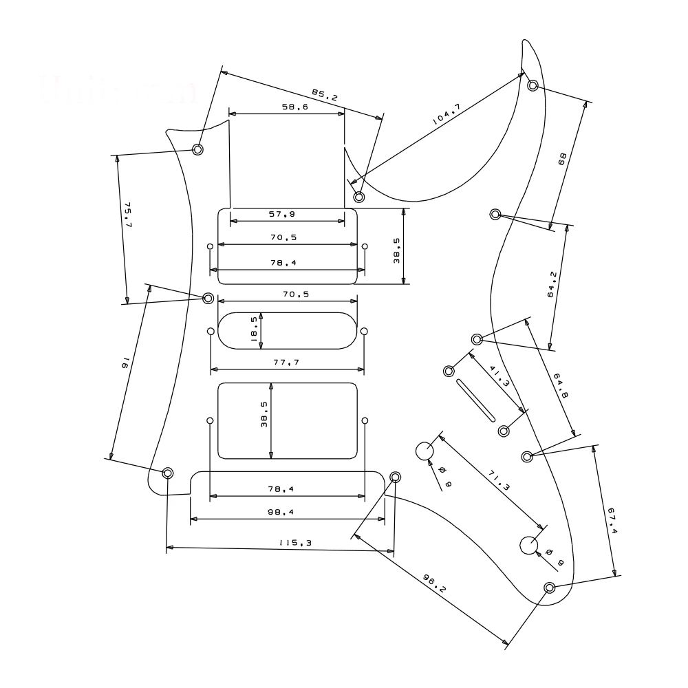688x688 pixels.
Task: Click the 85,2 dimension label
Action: click(x=325, y=95)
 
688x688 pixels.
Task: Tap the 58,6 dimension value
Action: click(x=295, y=107)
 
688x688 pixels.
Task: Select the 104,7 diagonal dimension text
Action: click(x=447, y=114)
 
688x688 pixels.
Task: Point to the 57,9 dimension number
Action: click(x=282, y=214)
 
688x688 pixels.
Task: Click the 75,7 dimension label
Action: click(x=128, y=215)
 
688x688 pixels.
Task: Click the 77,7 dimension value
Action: click(x=286, y=362)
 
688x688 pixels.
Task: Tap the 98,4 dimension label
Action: click(x=281, y=512)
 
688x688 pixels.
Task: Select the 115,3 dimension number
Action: click(x=296, y=543)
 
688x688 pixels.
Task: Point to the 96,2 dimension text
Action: click(x=434, y=583)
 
